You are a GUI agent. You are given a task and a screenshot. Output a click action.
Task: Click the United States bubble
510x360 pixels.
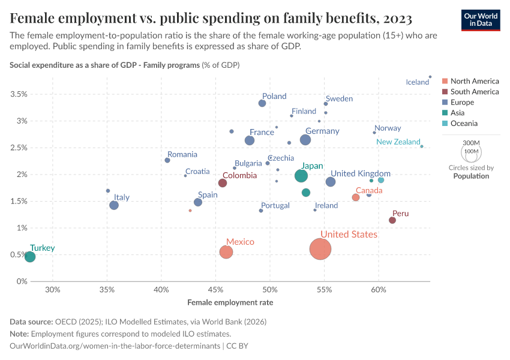321,249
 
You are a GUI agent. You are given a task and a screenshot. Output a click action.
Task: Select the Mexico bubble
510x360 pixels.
226,252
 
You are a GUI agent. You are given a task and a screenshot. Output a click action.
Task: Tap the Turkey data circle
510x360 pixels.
29,257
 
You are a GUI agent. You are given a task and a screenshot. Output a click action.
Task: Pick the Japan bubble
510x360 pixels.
301,176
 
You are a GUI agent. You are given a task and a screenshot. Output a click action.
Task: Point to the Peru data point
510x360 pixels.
392,220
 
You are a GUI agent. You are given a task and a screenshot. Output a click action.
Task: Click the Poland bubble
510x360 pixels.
262,103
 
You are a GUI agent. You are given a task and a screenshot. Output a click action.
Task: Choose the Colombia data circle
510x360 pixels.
223,183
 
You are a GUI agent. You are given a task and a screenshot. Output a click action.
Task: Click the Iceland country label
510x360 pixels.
418,82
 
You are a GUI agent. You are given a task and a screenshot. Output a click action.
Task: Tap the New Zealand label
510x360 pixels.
398,142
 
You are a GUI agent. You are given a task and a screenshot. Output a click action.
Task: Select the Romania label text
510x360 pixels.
182,155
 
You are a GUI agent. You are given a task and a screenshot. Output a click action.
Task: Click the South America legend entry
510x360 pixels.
475,92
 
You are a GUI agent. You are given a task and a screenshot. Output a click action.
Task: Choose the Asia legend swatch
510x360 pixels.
445,113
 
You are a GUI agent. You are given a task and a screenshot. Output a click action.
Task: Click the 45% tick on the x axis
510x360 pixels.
216,291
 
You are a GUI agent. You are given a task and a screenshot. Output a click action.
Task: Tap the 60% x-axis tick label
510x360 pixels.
379,291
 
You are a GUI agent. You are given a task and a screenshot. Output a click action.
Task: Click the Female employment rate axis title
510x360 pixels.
230,302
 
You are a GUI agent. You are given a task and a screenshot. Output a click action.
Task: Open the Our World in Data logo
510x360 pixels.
481,19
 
